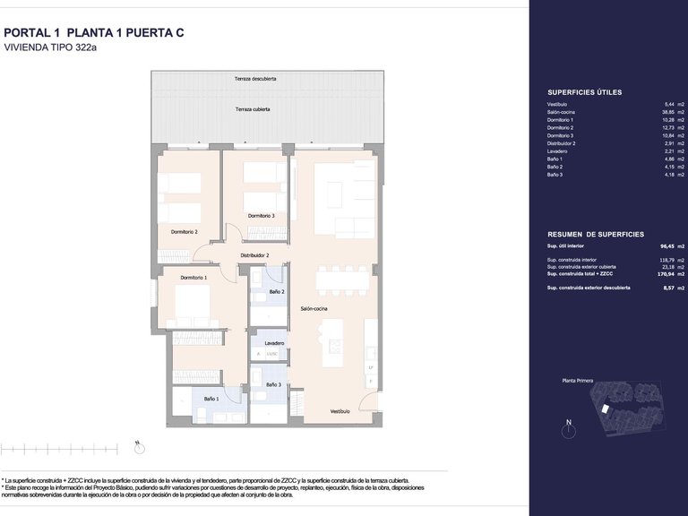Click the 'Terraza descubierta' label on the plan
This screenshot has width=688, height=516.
click(x=255, y=79)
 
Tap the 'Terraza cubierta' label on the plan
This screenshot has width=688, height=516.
click(x=253, y=109)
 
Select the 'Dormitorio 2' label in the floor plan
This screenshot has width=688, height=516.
click(x=184, y=232)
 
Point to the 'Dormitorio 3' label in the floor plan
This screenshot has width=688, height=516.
click(x=261, y=216)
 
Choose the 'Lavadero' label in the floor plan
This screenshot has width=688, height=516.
click(x=274, y=343)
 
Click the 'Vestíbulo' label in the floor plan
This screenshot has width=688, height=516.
click(x=340, y=411)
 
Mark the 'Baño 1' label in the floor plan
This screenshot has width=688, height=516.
click(x=211, y=398)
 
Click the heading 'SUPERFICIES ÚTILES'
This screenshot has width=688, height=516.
click(x=584, y=92)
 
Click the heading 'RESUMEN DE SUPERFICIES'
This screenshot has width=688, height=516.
click(x=595, y=233)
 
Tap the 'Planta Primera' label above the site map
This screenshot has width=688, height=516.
click(x=579, y=381)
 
